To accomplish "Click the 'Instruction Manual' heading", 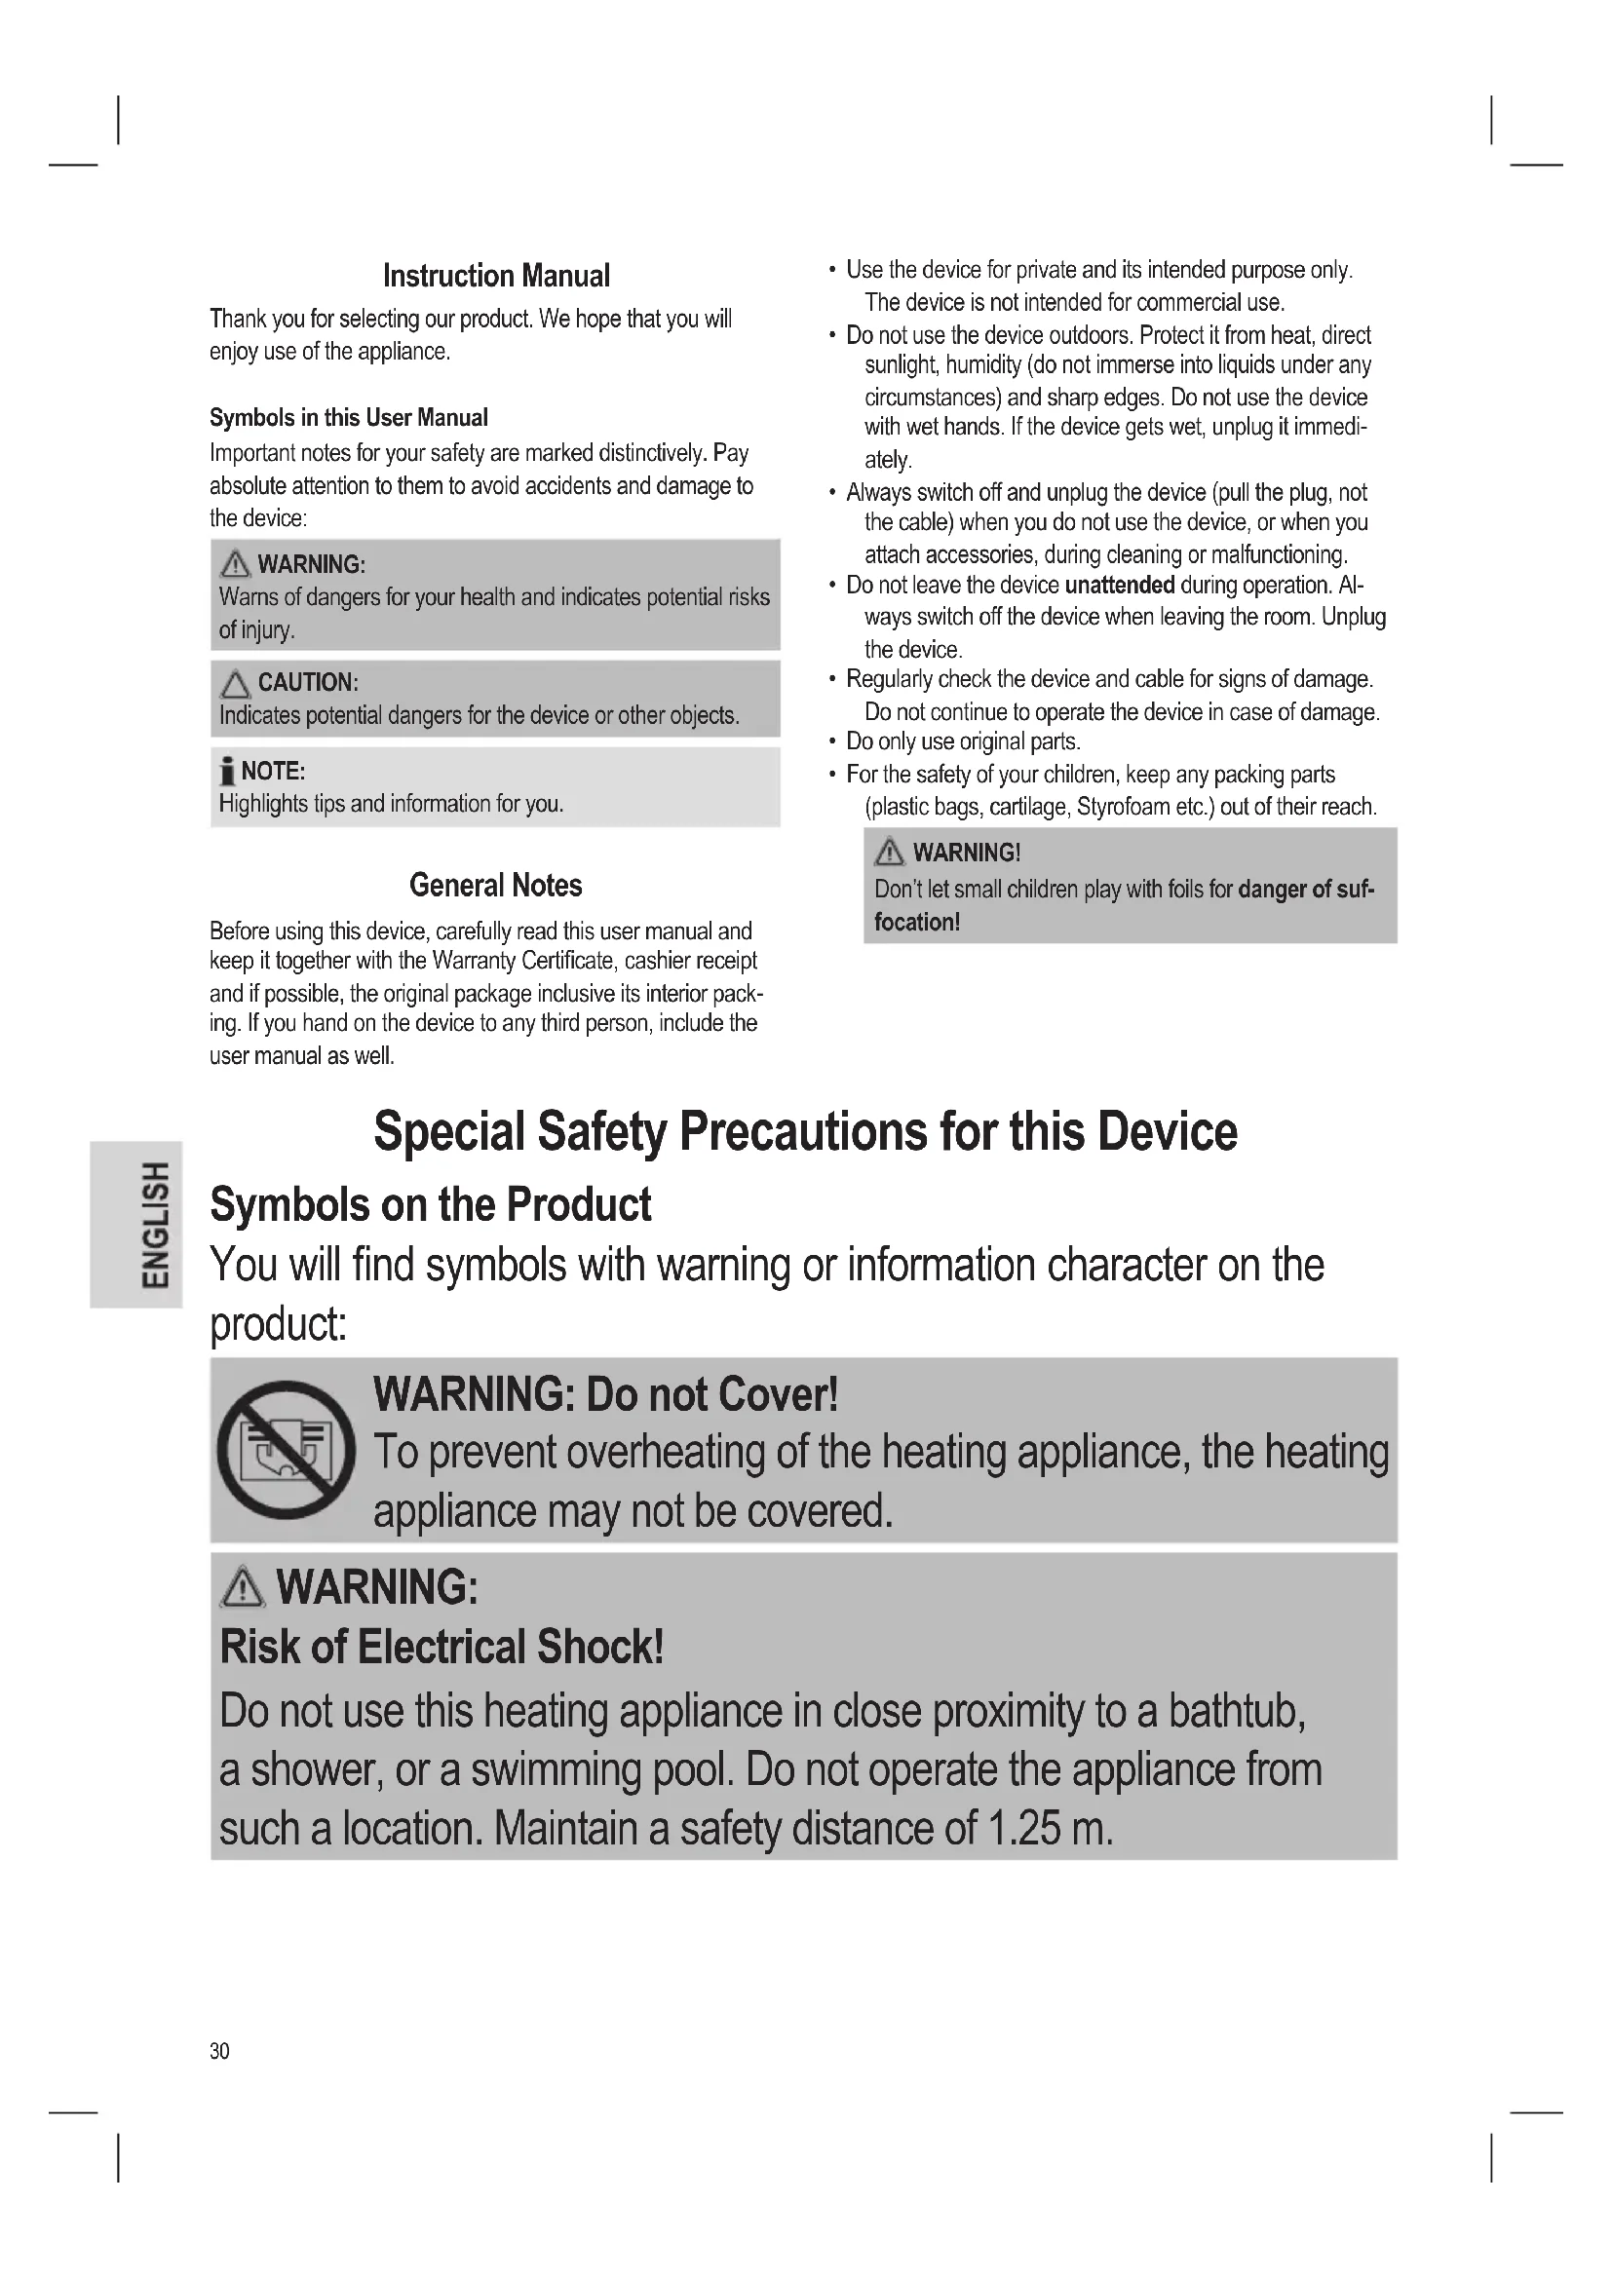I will [496, 276].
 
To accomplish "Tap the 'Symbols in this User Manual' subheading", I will [348, 418].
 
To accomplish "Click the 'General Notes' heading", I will [495, 886].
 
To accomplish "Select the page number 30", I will [219, 2051].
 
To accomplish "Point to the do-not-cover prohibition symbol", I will [286, 1449].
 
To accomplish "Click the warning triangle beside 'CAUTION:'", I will [235, 684].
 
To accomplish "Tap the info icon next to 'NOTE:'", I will [227, 773].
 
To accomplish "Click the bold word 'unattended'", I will [1119, 586].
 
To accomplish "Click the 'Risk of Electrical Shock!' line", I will [441, 1647].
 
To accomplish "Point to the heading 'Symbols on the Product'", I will [431, 1205].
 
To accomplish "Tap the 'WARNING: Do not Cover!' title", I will [605, 1394].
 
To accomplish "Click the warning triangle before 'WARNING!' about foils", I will [890, 853].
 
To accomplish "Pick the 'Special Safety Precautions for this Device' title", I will [805, 1131].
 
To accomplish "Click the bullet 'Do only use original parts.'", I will [963, 741].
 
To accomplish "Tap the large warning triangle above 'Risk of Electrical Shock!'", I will [243, 1586].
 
